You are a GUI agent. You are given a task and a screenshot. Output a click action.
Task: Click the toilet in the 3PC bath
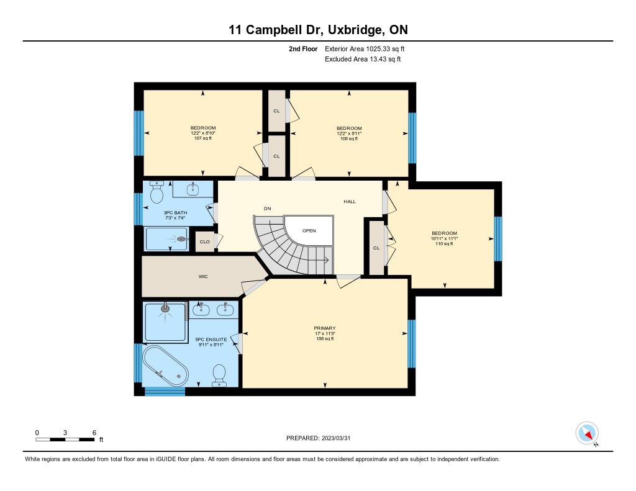coord(157,192)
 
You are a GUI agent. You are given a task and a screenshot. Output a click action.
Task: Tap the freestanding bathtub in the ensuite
coord(165,366)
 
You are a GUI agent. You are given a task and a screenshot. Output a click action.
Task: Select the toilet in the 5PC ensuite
coord(219,375)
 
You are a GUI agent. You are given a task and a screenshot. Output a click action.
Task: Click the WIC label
coord(203,276)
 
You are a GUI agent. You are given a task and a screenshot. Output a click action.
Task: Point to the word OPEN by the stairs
coord(309,231)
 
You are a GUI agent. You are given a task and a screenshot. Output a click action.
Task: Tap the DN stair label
coord(267,209)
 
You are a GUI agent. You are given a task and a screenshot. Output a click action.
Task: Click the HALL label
coord(350,202)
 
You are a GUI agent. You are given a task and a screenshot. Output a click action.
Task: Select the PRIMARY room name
coord(325,328)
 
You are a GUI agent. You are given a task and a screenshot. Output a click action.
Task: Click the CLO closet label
coord(205,241)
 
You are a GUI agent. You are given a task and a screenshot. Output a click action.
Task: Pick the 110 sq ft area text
coord(445,244)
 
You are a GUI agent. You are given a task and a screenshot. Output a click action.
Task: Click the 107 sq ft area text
coord(203,138)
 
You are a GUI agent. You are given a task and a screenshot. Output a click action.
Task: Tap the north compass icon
coord(587,433)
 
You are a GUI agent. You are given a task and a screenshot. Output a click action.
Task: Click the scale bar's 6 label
coord(94,433)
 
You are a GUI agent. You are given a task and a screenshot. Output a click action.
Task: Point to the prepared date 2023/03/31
coord(336,438)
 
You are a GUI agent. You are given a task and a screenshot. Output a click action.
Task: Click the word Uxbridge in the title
coord(355,30)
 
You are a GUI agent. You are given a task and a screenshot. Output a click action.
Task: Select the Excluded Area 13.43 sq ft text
coord(363,59)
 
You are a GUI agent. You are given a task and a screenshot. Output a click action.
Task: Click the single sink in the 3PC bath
coord(193,189)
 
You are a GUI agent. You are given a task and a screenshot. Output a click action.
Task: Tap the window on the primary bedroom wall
coord(412,344)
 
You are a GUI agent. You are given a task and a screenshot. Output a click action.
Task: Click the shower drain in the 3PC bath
coord(183,240)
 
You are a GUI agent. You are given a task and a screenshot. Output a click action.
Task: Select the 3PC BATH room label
coord(175,213)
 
